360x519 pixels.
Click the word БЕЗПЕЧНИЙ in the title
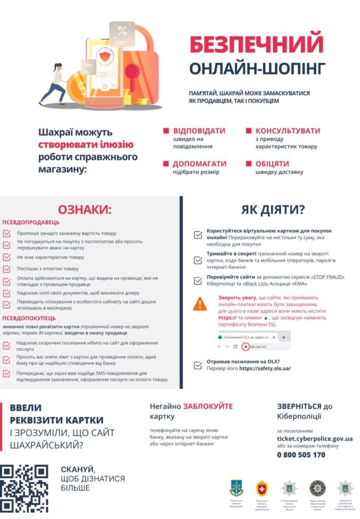click(256, 45)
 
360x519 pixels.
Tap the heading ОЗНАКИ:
click(84, 210)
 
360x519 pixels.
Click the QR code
click(24, 488)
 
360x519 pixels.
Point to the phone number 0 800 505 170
click(301, 455)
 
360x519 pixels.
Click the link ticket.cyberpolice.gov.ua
click(314, 438)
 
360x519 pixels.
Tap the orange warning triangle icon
click(200, 304)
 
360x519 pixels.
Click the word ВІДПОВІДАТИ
click(199, 131)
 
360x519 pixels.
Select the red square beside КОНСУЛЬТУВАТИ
click(248, 131)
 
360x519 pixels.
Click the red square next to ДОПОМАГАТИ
click(166, 164)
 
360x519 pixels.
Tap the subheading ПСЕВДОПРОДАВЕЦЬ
click(31, 222)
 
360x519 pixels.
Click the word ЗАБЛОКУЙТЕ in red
click(208, 406)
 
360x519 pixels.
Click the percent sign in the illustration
click(123, 30)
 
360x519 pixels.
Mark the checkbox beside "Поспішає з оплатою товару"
click(7, 269)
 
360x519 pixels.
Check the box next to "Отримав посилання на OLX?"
click(198, 365)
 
